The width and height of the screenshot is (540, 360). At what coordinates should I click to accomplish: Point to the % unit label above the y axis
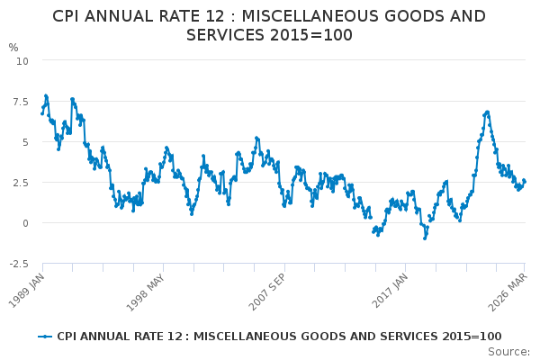13,48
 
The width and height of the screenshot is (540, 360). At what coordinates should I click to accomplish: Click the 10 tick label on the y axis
22,60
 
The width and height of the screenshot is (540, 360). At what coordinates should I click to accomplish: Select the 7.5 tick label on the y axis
21,102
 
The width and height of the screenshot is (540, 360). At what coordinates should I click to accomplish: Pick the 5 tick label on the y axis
25,142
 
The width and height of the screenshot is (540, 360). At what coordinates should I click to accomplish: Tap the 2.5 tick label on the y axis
21,183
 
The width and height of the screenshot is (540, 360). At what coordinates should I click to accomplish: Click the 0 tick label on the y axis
25,223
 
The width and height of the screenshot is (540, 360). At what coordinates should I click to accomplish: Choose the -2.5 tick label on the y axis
19,264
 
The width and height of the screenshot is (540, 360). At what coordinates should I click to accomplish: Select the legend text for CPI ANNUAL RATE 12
279,337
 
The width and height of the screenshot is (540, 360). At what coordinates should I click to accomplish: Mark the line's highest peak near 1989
46,95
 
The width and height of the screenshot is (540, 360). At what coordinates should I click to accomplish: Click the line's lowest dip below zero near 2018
425,238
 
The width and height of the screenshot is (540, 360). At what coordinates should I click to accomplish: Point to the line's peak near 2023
487,112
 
